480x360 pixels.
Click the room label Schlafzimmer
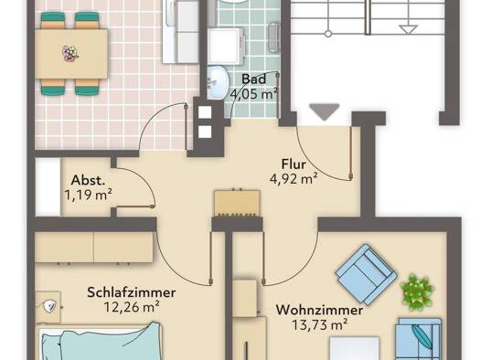132,292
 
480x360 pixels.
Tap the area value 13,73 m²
320,324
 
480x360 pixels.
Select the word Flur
293,164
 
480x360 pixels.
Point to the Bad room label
254,79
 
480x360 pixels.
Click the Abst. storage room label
88,181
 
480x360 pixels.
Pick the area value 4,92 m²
293,179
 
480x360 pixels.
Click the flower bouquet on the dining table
70,54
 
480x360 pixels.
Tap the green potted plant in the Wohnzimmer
417,291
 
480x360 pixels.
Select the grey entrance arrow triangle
325,111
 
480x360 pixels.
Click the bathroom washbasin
218,82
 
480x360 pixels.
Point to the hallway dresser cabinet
238,203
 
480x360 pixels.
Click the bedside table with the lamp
48,307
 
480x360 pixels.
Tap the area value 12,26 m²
132,307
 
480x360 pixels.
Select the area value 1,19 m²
88,195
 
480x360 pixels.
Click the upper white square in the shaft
205,112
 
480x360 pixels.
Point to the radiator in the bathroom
274,37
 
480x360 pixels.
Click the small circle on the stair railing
328,34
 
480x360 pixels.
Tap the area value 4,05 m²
254,93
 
